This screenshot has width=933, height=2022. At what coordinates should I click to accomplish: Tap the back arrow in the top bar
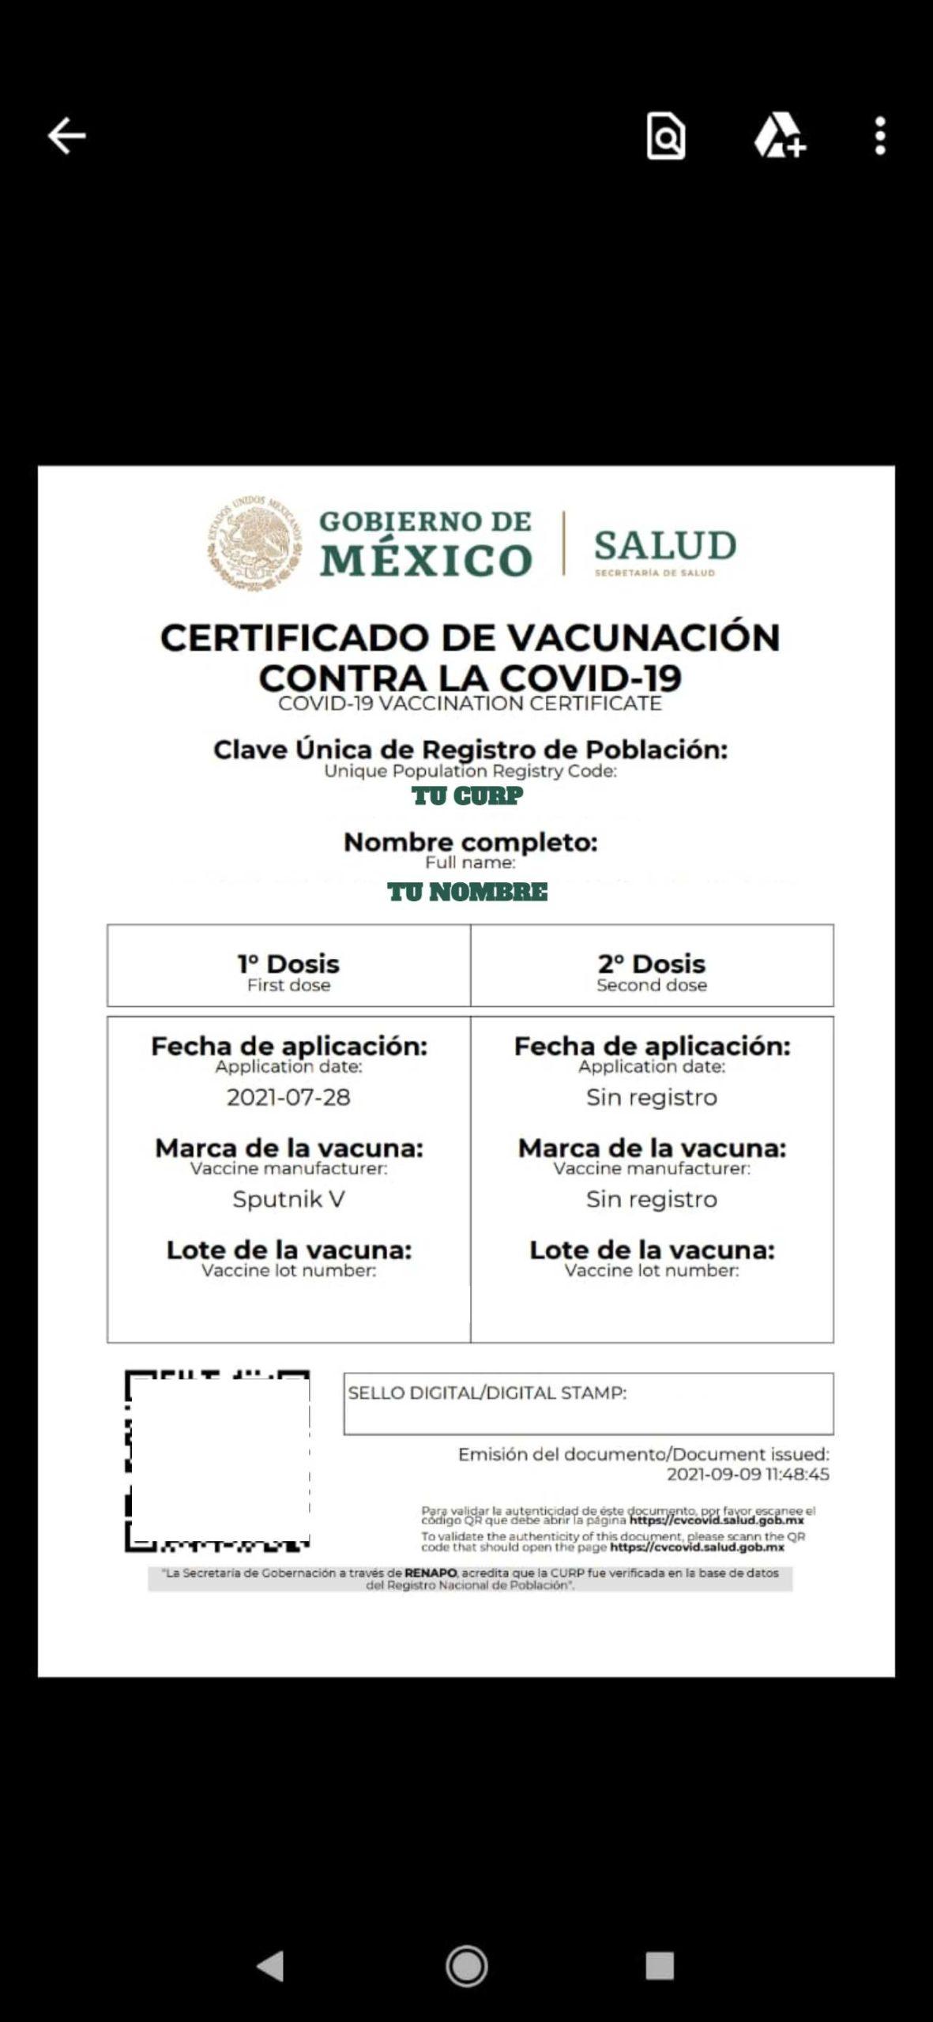point(66,136)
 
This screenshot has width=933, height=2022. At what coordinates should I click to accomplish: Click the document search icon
point(665,137)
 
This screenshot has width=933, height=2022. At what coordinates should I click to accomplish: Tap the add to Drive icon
point(779,136)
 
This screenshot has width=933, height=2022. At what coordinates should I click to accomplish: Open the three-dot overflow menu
point(880,136)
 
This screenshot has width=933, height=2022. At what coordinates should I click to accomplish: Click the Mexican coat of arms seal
point(254,543)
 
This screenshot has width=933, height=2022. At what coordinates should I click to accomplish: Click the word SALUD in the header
point(665,546)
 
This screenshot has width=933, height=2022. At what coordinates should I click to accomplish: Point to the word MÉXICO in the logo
point(426,560)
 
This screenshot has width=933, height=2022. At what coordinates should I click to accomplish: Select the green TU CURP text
point(467,796)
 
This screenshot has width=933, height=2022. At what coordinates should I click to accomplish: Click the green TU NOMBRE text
point(467,893)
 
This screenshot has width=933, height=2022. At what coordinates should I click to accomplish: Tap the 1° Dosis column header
point(288,964)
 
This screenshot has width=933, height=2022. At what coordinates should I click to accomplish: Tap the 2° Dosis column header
point(652,964)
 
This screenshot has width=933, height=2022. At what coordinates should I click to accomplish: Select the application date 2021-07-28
point(288,1097)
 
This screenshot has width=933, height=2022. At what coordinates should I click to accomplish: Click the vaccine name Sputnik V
point(288,1199)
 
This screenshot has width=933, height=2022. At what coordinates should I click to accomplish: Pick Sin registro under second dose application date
point(652,1097)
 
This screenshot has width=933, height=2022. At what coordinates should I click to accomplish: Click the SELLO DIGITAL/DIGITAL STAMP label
point(487,1392)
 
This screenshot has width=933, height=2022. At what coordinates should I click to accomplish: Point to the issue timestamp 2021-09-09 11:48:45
point(747,1474)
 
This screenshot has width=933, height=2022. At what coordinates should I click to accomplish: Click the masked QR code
point(218,1460)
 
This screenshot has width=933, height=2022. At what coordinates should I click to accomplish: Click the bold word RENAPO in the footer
point(431,1573)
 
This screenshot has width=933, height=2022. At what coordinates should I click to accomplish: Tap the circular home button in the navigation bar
point(467,1965)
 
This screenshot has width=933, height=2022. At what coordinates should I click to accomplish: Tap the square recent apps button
point(660,1965)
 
